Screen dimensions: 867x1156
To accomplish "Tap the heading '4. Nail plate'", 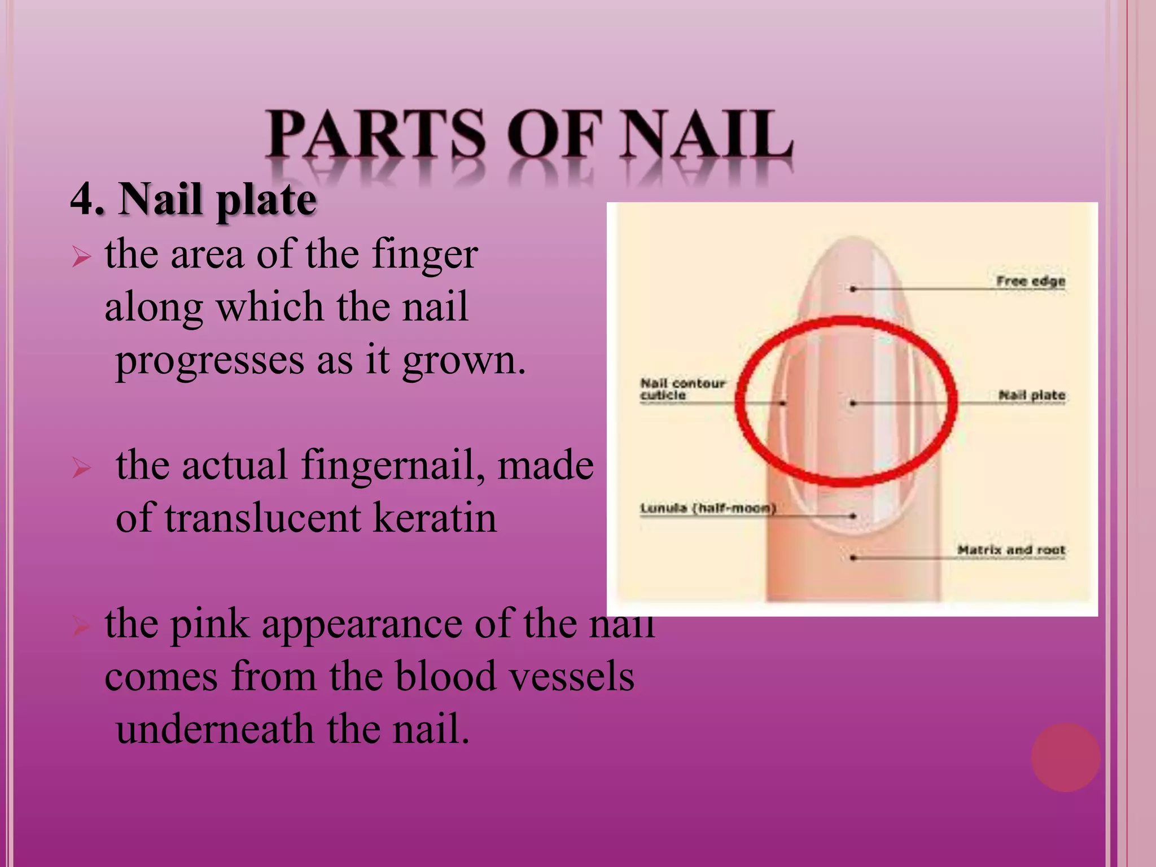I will [x=193, y=200].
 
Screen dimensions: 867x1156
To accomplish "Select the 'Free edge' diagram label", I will [x=1030, y=281].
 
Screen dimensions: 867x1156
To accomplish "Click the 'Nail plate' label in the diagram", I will [x=1031, y=395].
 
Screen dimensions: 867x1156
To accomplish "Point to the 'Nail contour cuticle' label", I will [x=682, y=389].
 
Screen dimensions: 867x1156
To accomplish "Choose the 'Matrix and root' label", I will [x=1010, y=550].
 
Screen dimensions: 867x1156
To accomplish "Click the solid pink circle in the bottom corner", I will [x=1065, y=757].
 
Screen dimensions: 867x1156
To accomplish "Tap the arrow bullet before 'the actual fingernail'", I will [x=81, y=468].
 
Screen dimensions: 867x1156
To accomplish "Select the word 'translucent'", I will [x=262, y=518].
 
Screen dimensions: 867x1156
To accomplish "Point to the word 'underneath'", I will [x=214, y=729].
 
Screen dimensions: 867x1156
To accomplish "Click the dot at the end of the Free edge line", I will [x=853, y=289].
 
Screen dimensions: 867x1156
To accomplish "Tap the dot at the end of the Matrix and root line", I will [x=853, y=558].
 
